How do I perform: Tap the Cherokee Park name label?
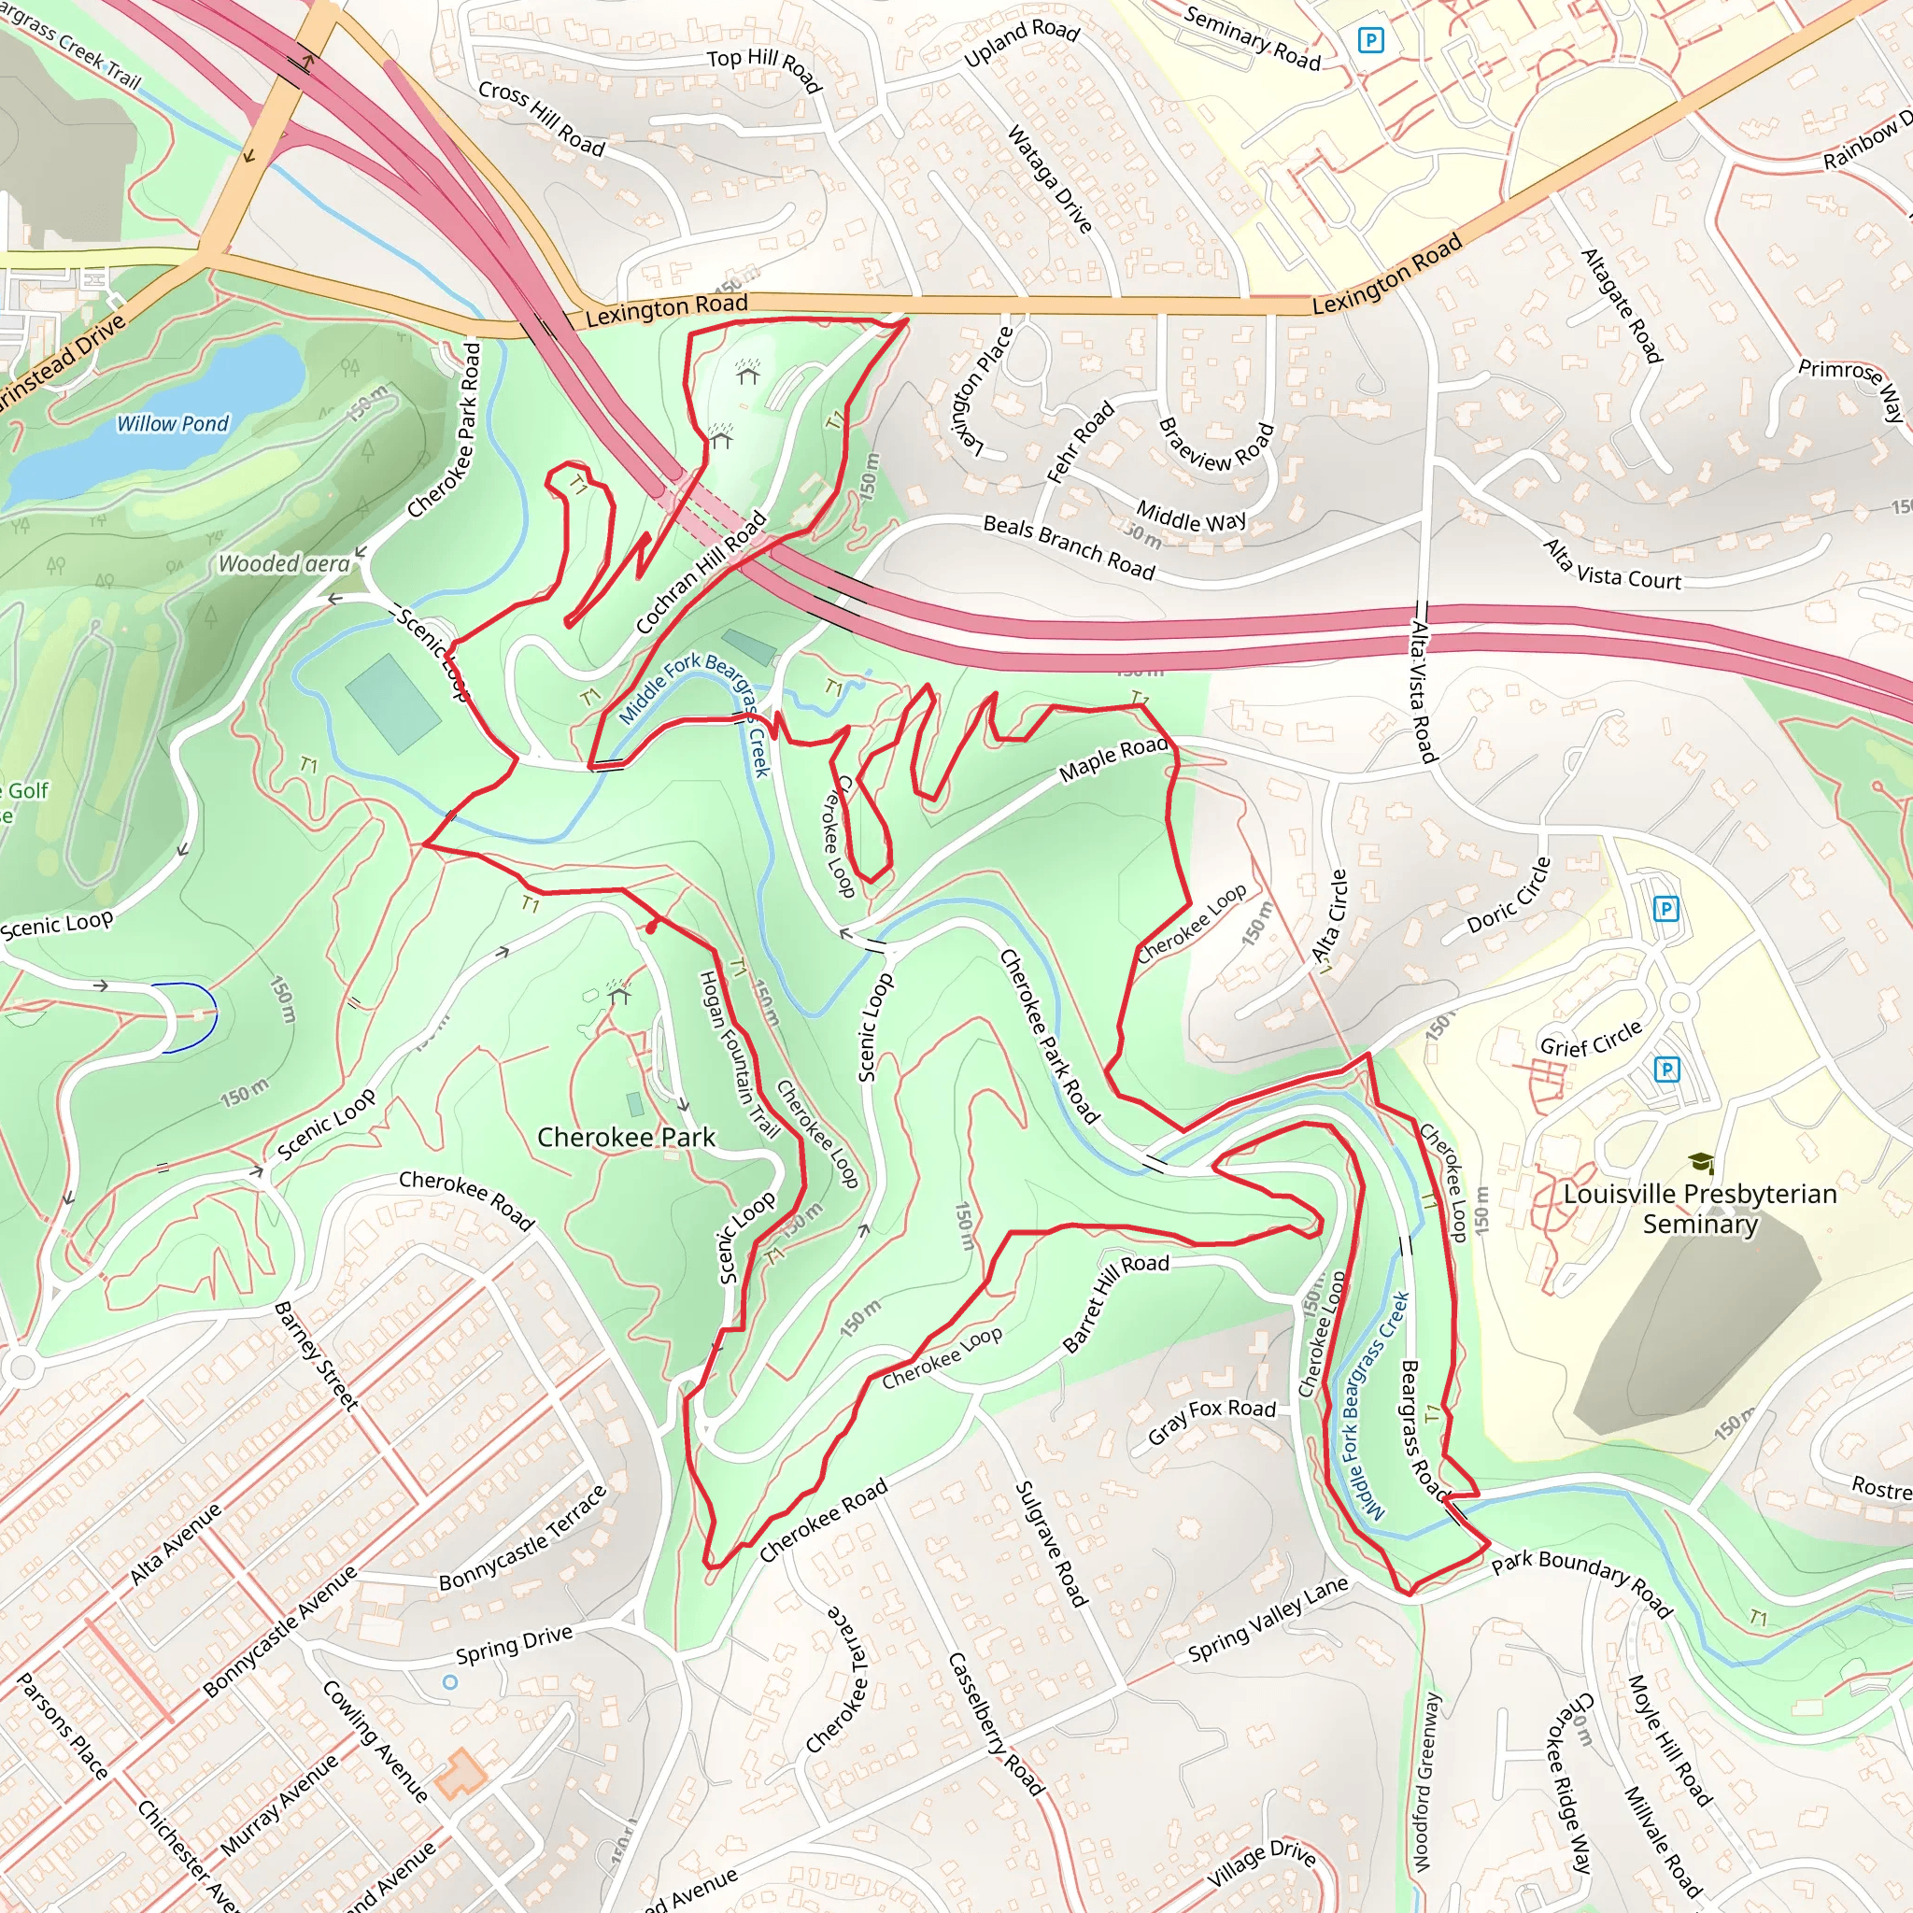626,1138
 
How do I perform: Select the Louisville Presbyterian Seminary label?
1700,1209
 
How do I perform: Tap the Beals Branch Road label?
1069,546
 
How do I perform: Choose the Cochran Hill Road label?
701,573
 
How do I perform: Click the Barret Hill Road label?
1115,1302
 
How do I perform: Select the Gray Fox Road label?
1211,1421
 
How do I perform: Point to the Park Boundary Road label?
1581,1582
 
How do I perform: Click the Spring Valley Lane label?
1268,1619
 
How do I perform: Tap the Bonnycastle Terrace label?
522,1537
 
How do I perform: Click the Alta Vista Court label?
1612,565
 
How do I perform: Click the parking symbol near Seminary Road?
1370,40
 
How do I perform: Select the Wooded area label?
284,564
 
